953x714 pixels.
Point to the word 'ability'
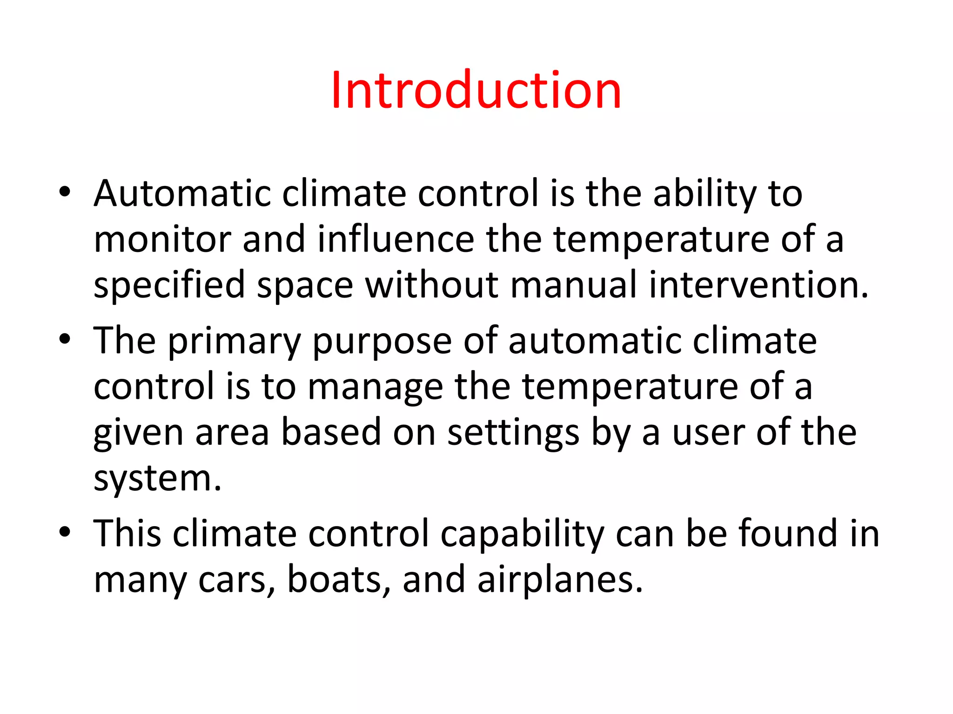(705, 194)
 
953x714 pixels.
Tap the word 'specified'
(169, 285)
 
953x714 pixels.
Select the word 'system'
(157, 479)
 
